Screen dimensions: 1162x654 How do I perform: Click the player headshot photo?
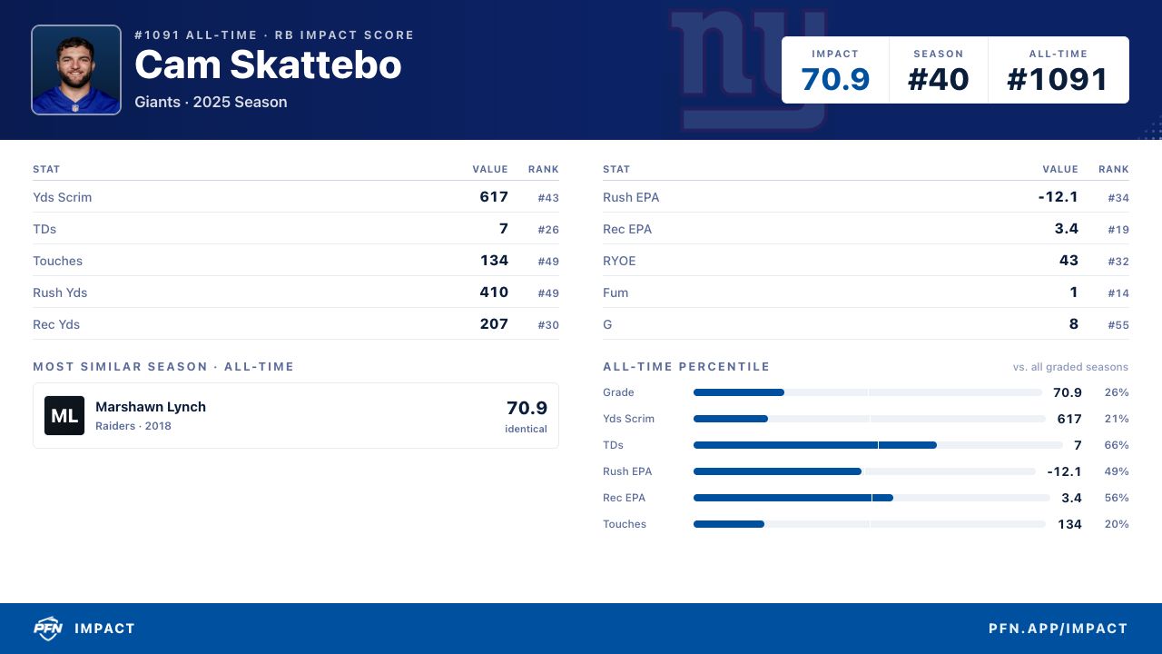[76, 70]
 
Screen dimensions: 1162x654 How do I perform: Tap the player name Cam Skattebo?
[268, 64]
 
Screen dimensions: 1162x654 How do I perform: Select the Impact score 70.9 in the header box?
[834, 79]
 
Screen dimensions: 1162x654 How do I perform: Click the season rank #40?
[938, 79]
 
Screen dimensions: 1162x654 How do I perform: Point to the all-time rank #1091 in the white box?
[1058, 79]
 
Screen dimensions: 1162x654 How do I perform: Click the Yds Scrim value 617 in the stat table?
[494, 197]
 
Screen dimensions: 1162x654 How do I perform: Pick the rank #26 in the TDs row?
[548, 230]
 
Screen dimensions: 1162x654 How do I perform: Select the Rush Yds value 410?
[494, 292]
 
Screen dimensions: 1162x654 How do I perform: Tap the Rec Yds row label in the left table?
[56, 324]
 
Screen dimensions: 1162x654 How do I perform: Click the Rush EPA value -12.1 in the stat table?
[1059, 197]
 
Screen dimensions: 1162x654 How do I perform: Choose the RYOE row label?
[619, 261]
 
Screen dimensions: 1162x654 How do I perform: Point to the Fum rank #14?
[1118, 293]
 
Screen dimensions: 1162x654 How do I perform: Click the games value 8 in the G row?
[1074, 324]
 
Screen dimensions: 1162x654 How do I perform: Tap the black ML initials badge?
[64, 415]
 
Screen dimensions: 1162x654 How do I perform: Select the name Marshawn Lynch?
[151, 407]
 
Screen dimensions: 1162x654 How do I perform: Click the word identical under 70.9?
[526, 429]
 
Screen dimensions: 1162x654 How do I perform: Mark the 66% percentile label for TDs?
[1117, 445]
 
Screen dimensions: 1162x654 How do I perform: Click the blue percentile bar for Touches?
[729, 524]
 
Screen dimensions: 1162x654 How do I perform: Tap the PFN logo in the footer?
[48, 629]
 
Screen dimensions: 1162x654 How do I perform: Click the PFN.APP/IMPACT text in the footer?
[1058, 629]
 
